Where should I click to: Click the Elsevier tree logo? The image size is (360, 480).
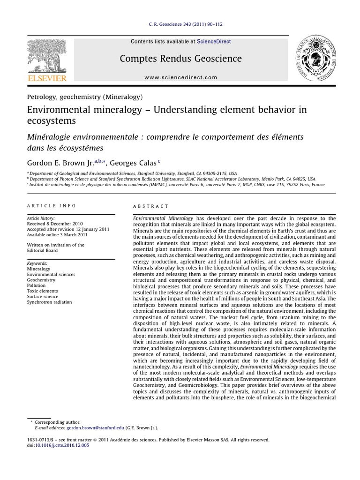(x=46, y=55)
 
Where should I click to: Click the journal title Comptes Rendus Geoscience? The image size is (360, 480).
(x=181, y=59)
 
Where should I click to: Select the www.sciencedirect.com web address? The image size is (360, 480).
(x=181, y=77)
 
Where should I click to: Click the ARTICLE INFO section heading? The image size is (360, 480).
(x=51, y=206)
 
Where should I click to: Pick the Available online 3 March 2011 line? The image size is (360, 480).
(x=57, y=235)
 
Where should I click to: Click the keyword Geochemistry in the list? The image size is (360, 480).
(x=41, y=280)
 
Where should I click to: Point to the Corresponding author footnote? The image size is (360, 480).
(x=57, y=422)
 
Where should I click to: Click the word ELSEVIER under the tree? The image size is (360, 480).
(x=46, y=78)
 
